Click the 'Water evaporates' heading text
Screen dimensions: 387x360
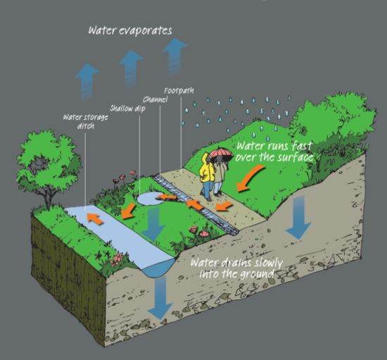pyautogui.click(x=130, y=30)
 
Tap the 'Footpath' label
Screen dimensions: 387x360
pyautogui.click(x=179, y=91)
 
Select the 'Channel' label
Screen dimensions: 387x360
pyautogui.click(x=156, y=99)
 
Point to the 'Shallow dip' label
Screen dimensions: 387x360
pyautogui.click(x=127, y=108)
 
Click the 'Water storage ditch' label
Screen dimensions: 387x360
pyautogui.click(x=86, y=121)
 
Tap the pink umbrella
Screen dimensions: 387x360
pyautogui.click(x=222, y=153)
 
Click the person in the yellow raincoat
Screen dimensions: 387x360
pyautogui.click(x=207, y=176)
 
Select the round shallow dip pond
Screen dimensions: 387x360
pyautogui.click(x=151, y=199)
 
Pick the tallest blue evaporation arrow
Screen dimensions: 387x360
pyautogui.click(x=175, y=56)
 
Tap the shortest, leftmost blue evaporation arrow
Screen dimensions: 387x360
pyautogui.click(x=87, y=82)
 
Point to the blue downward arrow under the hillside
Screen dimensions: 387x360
pyautogui.click(x=298, y=217)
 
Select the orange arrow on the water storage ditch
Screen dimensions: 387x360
pyautogui.click(x=95, y=218)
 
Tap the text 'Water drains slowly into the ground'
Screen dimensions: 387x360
pyautogui.click(x=236, y=268)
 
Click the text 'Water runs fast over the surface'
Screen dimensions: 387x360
pyautogui.click(x=274, y=151)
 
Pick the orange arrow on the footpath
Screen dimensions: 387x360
pyautogui.click(x=224, y=206)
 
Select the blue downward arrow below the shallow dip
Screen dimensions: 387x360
pyautogui.click(x=153, y=224)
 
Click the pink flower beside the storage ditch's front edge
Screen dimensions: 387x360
pyautogui.click(x=117, y=259)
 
